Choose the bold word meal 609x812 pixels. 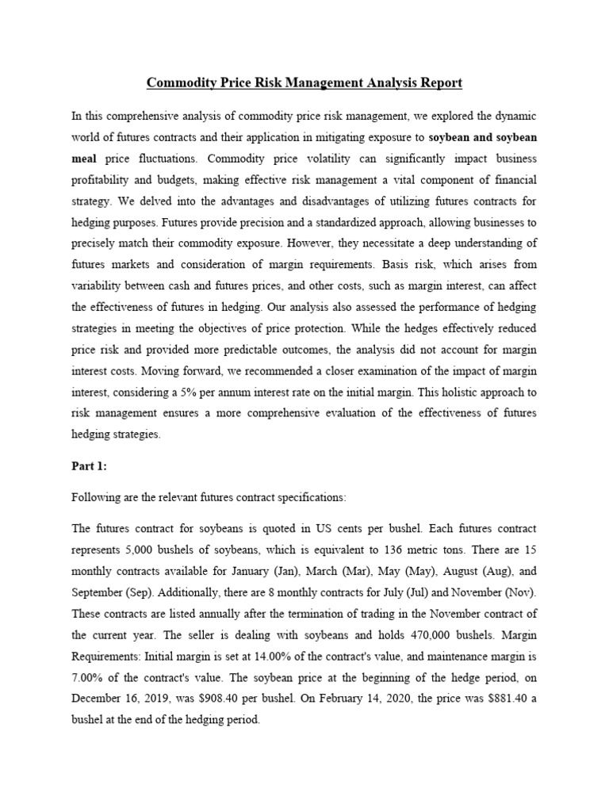click(84, 158)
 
